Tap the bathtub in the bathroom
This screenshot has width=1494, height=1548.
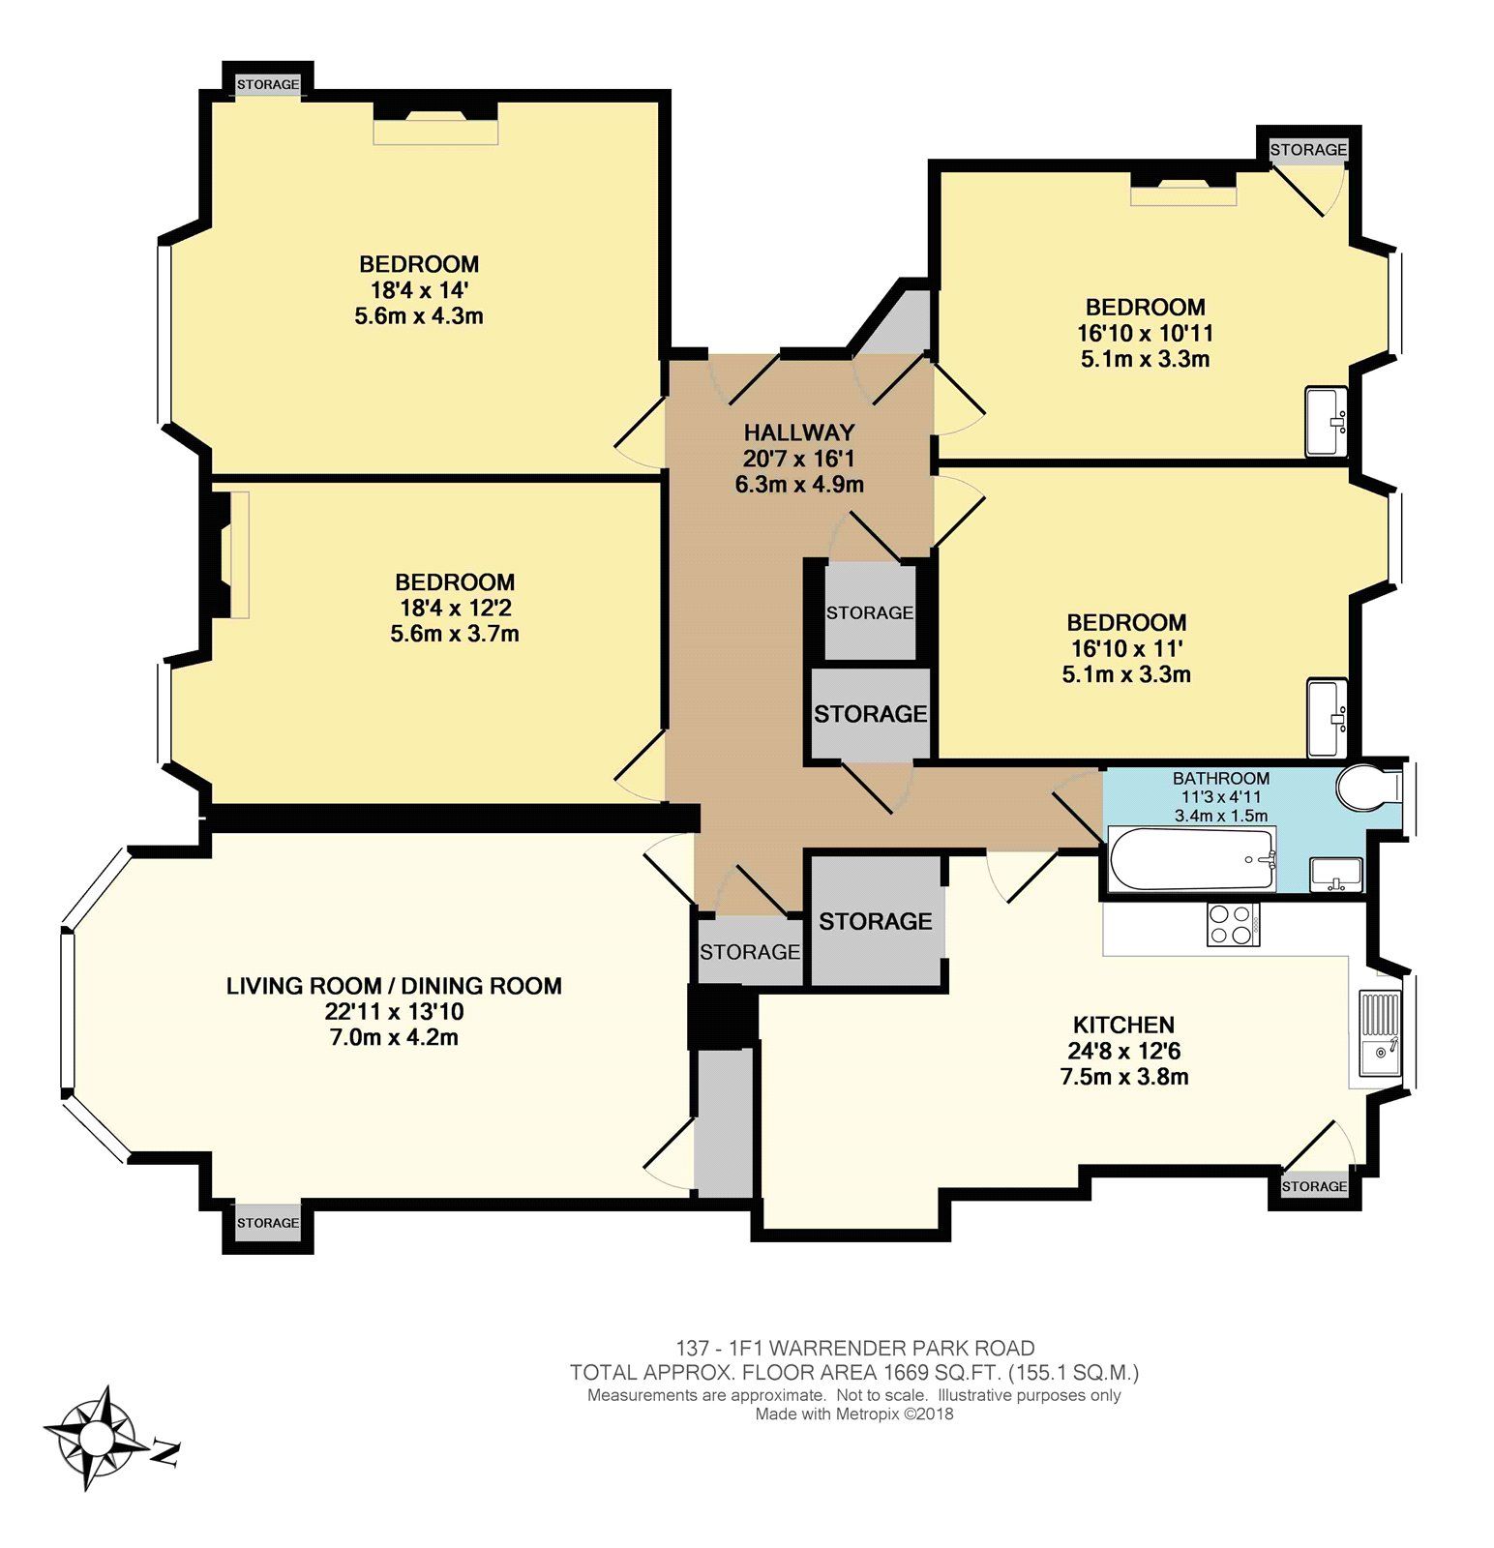tap(1191, 860)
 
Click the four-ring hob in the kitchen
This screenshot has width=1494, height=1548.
tap(1233, 923)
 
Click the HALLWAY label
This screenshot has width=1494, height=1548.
tap(799, 432)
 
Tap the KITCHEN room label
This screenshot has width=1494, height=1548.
tap(1123, 1025)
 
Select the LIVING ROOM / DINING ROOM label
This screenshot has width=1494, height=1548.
tap(394, 986)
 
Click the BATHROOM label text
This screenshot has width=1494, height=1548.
tap(1221, 778)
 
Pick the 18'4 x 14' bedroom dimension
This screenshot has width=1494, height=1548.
tap(419, 289)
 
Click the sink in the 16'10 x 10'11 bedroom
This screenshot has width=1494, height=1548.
tap(1326, 421)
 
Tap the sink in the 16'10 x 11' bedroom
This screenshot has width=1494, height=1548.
tap(1327, 718)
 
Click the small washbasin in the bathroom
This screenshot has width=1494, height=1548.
tap(1336, 875)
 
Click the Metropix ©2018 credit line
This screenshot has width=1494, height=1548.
tap(854, 1414)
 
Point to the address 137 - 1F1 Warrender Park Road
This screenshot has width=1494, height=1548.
tap(854, 1348)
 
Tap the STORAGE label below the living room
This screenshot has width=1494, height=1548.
tap(268, 1223)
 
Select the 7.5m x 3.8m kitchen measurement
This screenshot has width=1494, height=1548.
tap(1124, 1077)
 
